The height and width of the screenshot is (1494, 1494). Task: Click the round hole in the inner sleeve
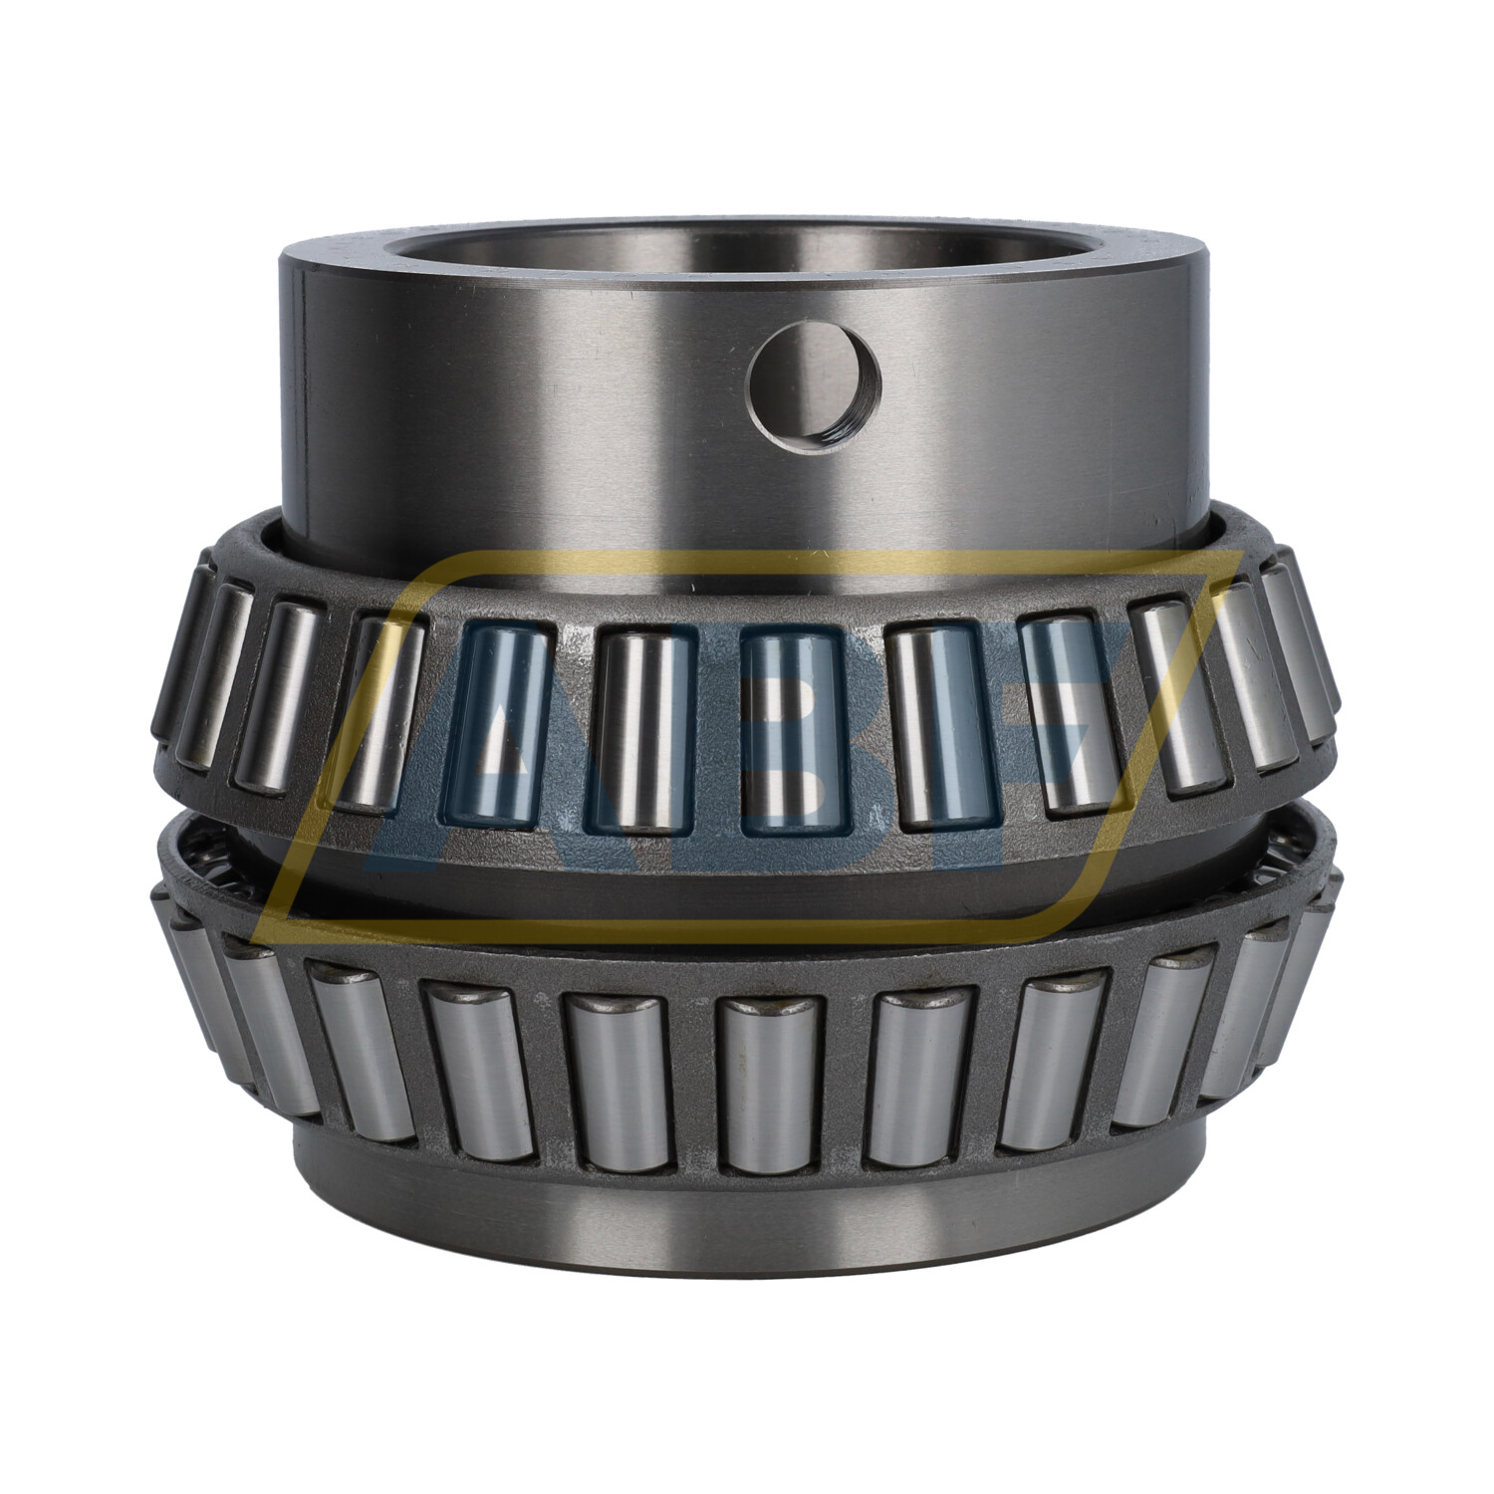815,387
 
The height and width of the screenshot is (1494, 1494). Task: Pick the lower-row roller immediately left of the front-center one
616,1081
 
